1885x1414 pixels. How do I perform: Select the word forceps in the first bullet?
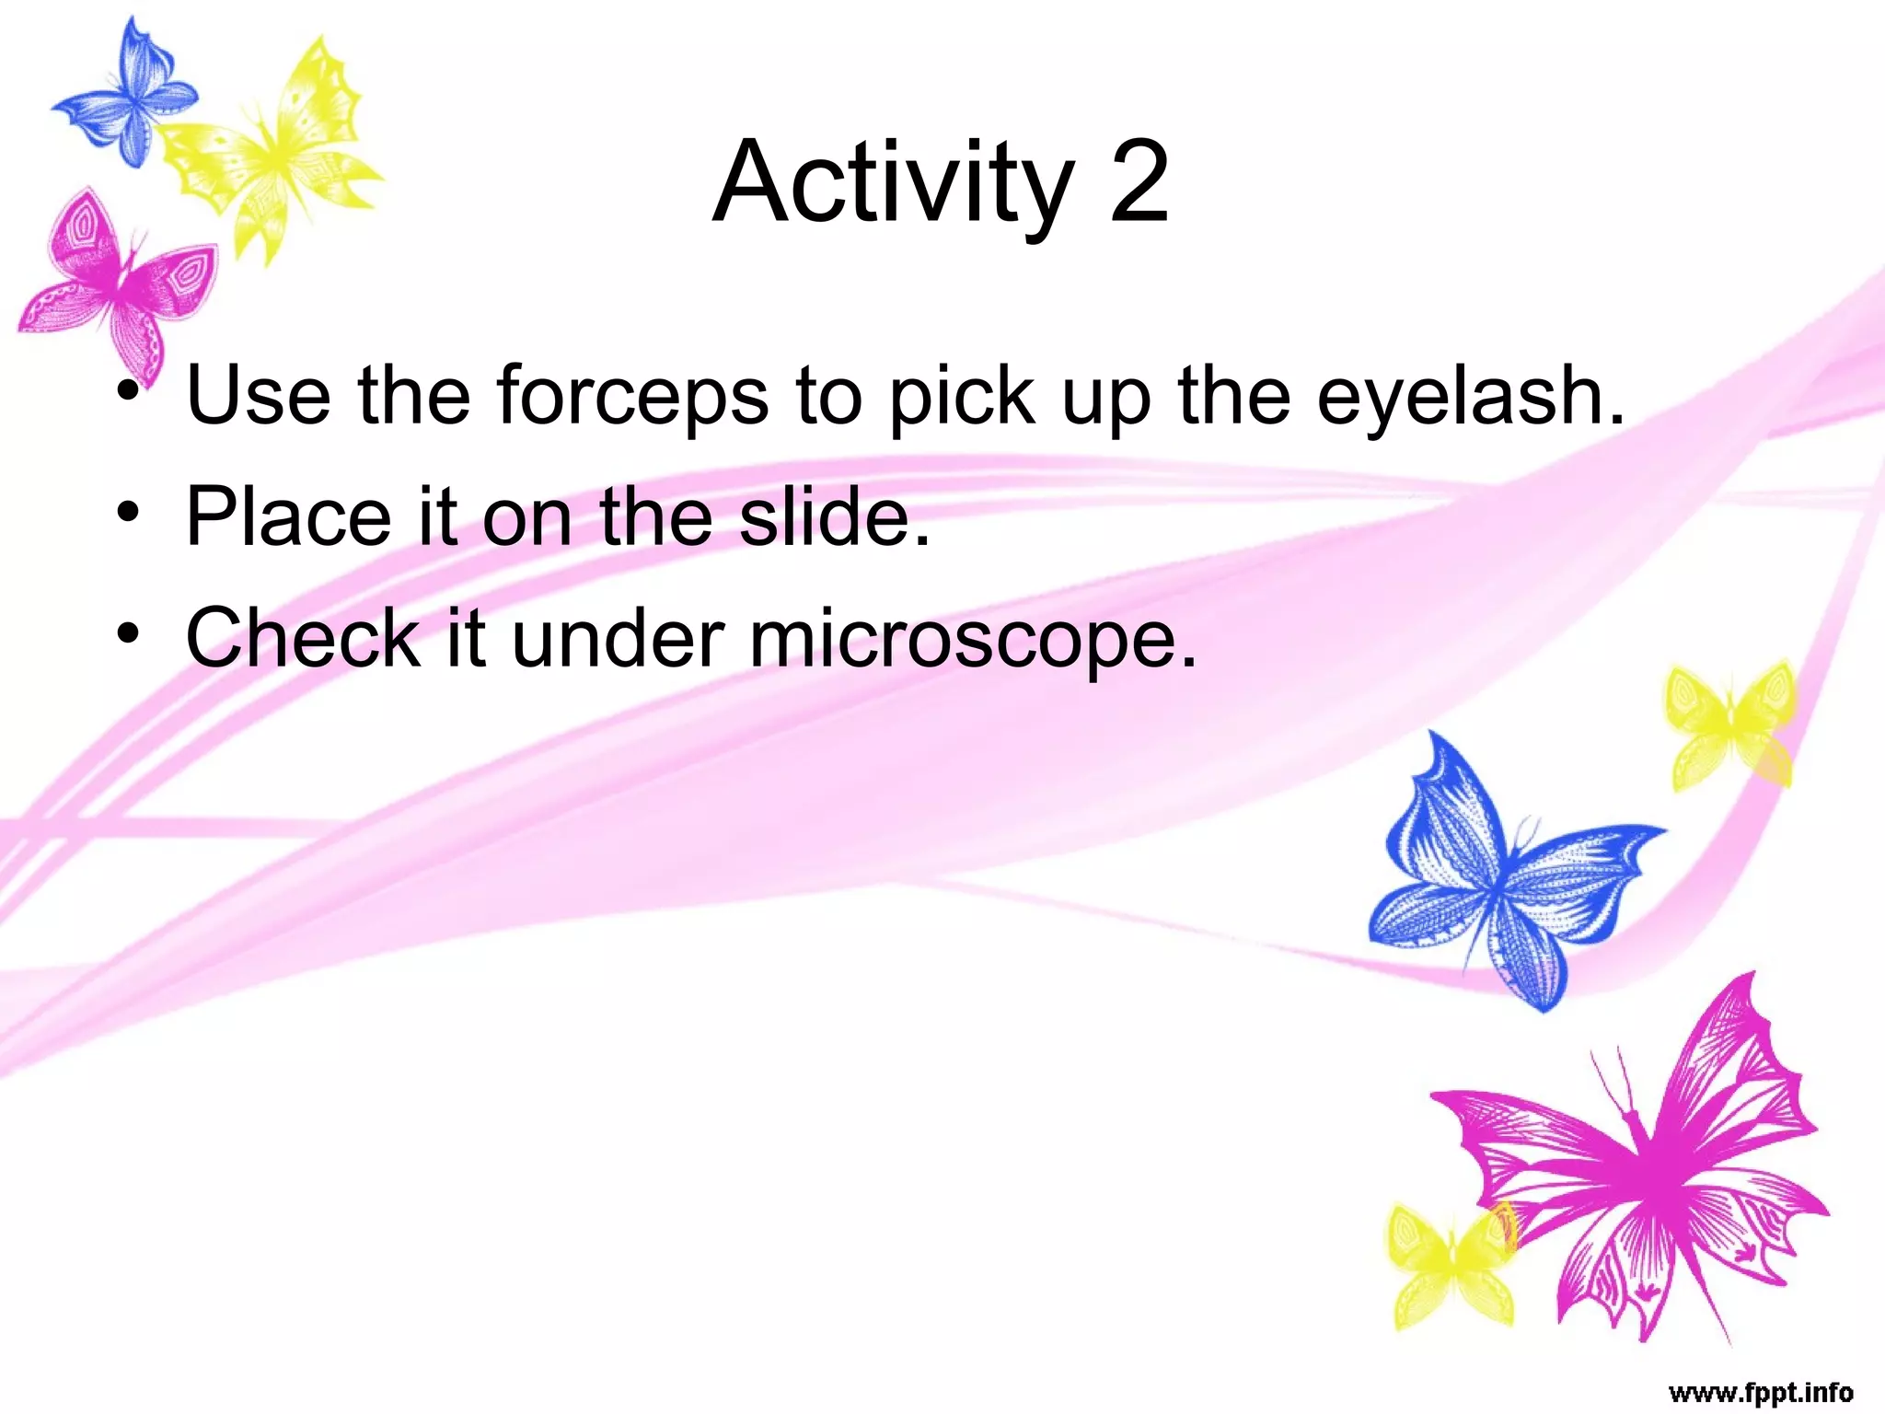(x=632, y=396)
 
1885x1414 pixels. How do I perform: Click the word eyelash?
(x=1470, y=396)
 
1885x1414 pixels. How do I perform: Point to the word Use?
(x=258, y=396)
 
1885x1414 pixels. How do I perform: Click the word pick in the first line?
(x=961, y=396)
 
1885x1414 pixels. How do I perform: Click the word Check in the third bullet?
(x=302, y=638)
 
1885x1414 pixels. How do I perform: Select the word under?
(x=618, y=638)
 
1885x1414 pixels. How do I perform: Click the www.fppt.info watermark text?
(x=1760, y=1393)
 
